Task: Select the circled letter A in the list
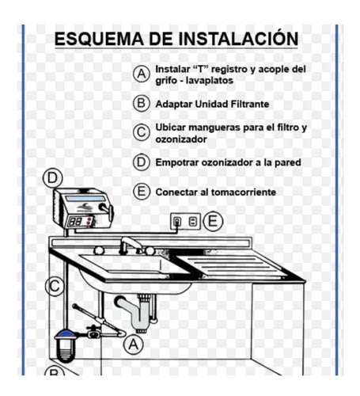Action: click(x=141, y=74)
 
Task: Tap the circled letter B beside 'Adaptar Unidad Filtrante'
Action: click(x=141, y=103)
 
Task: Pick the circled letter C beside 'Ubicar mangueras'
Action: click(x=141, y=132)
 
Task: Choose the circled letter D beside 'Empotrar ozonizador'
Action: click(x=141, y=162)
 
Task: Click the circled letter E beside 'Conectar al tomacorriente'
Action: click(x=141, y=192)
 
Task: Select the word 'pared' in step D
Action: click(x=285, y=162)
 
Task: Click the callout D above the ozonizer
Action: click(x=52, y=177)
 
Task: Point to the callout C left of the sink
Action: click(x=53, y=285)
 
